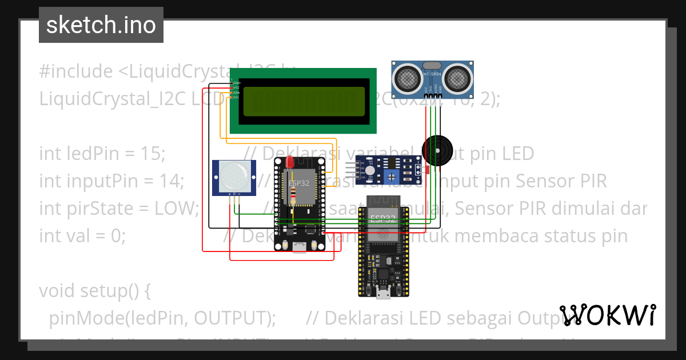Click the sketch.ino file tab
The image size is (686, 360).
click(x=101, y=25)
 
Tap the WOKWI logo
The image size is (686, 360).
click(x=608, y=315)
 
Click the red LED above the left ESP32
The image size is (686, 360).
click(x=290, y=161)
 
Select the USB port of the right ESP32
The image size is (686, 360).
click(x=384, y=294)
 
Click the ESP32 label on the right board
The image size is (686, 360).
click(x=383, y=219)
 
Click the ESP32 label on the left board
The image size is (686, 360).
click(x=299, y=184)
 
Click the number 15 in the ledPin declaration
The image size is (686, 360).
click(x=153, y=154)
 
